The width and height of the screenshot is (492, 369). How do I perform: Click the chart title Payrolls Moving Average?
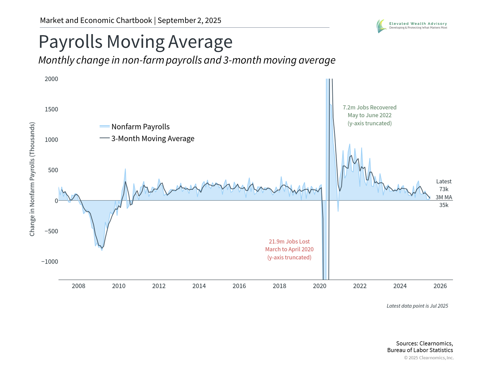(136, 42)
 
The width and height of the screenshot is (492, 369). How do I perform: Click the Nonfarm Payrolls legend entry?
(140, 127)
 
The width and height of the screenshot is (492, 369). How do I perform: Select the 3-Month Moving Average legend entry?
(152, 138)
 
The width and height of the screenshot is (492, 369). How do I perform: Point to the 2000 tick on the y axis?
(51, 79)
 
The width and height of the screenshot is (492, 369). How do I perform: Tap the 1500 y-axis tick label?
(51, 109)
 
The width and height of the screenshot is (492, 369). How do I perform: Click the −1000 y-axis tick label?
(50, 262)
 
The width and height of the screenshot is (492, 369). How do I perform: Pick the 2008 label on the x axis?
(78, 286)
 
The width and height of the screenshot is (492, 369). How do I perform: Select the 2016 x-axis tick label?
(239, 286)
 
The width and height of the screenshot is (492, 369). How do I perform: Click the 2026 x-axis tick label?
(440, 286)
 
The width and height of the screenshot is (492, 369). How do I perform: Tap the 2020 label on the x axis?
(320, 286)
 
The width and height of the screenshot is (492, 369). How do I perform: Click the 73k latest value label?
(444, 189)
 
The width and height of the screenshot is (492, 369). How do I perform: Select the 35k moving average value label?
(444, 205)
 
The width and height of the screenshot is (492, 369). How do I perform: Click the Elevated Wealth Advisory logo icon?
(381, 26)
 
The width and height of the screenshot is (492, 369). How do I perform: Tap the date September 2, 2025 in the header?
(189, 20)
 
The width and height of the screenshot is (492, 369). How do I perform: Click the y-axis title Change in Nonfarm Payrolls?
(32, 179)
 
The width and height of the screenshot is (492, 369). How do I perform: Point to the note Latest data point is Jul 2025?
(417, 306)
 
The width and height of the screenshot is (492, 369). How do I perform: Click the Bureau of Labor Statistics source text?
(420, 350)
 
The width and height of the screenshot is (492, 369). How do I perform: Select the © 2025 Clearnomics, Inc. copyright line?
(429, 358)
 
